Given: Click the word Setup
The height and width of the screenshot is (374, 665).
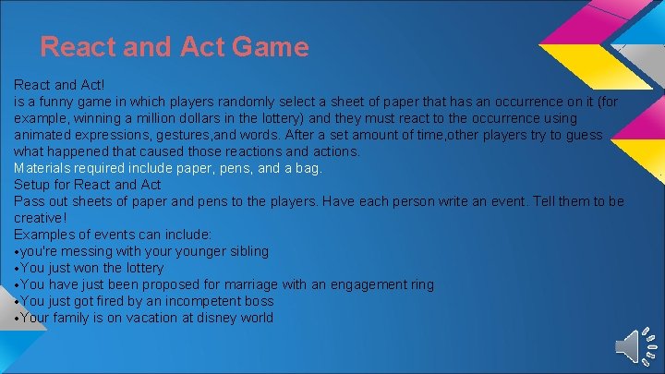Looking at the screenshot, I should pos(33,185).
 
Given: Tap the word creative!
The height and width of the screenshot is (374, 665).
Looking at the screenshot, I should pos(41,218).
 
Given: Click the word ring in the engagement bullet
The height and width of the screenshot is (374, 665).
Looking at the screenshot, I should pos(420,284).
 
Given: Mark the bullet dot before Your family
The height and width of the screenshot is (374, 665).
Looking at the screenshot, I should pos(18,319).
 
